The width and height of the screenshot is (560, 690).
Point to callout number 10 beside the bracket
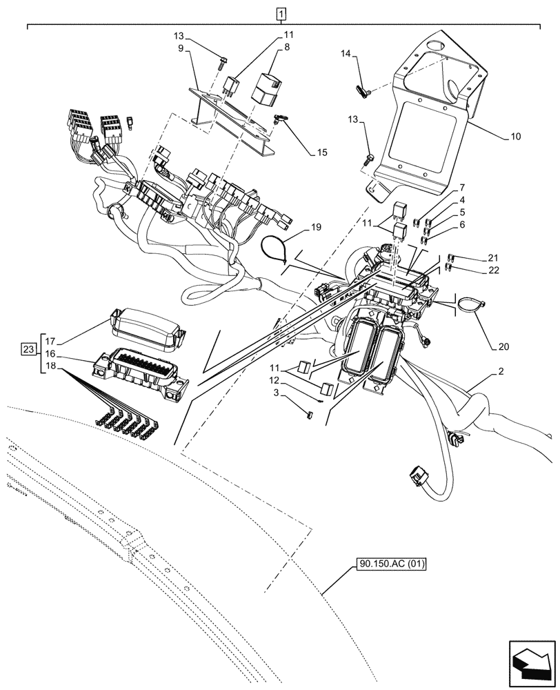[x=516, y=137]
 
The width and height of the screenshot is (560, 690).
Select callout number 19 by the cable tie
[x=316, y=226]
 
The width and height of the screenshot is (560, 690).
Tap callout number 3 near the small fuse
[x=277, y=393]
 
